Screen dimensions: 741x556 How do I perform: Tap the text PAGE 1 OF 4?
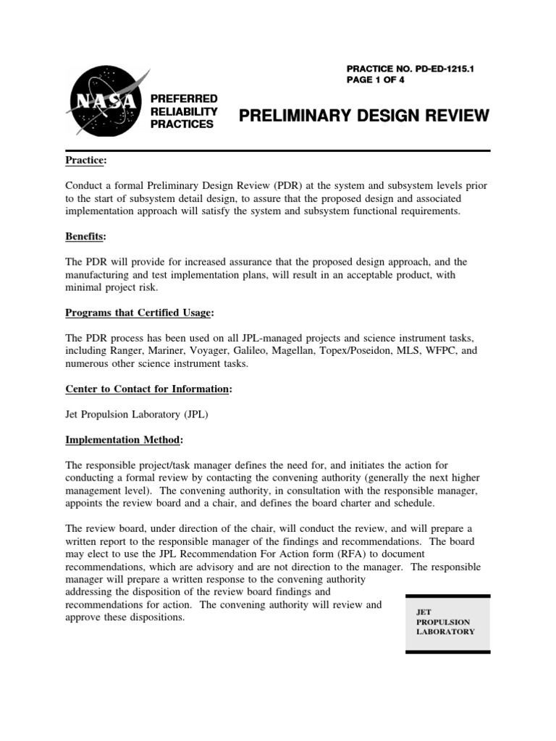click(x=378, y=80)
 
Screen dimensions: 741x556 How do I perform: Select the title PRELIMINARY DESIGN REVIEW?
click(x=364, y=116)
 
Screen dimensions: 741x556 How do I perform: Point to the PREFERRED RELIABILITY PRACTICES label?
click(x=183, y=111)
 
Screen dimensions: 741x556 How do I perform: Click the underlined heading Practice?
click(x=86, y=159)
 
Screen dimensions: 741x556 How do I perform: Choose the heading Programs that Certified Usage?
click(x=138, y=313)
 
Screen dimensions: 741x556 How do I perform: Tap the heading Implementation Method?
click(x=124, y=440)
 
